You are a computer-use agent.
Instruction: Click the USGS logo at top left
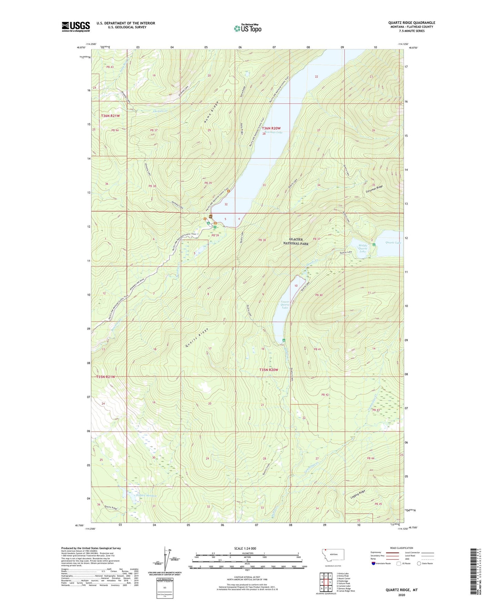75,27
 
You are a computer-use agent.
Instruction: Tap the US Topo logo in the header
247,28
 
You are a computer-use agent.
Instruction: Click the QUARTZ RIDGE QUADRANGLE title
411,23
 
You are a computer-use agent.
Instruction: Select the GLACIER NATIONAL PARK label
299,241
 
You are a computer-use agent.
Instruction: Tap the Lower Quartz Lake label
285,304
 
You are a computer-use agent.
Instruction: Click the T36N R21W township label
111,116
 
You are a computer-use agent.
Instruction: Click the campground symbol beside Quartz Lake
374,244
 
